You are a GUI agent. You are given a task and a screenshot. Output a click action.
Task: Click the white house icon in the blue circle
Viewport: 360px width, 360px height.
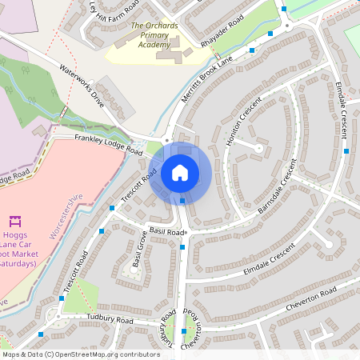[179, 172]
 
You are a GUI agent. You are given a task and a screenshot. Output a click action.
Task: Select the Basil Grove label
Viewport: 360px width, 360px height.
[142, 250]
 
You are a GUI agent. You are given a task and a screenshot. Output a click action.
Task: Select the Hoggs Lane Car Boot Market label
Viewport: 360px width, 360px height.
[18, 248]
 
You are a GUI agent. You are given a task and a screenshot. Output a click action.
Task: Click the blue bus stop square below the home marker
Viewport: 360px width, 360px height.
[182, 201]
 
